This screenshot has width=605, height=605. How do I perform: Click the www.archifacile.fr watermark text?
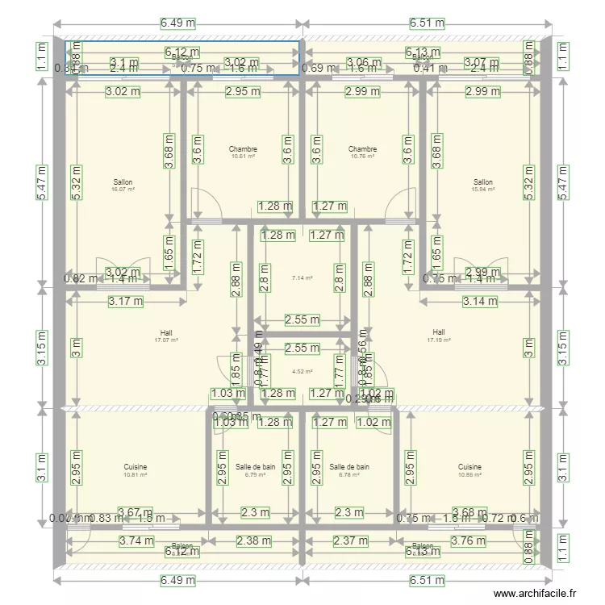(535, 593)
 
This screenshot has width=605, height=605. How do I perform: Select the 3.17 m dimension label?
(127, 302)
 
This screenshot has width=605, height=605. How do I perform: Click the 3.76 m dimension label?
(469, 541)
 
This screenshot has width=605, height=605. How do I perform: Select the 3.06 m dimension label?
(362, 62)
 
